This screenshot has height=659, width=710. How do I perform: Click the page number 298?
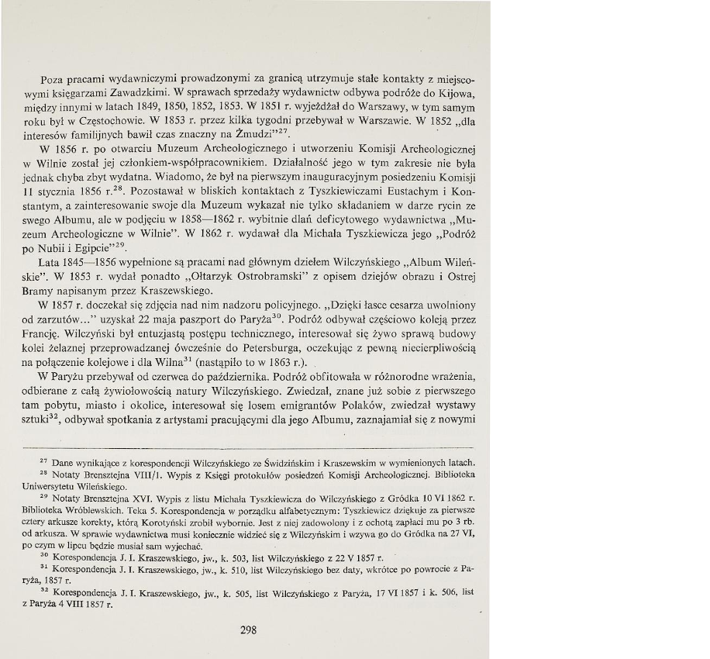pyautogui.click(x=248, y=630)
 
